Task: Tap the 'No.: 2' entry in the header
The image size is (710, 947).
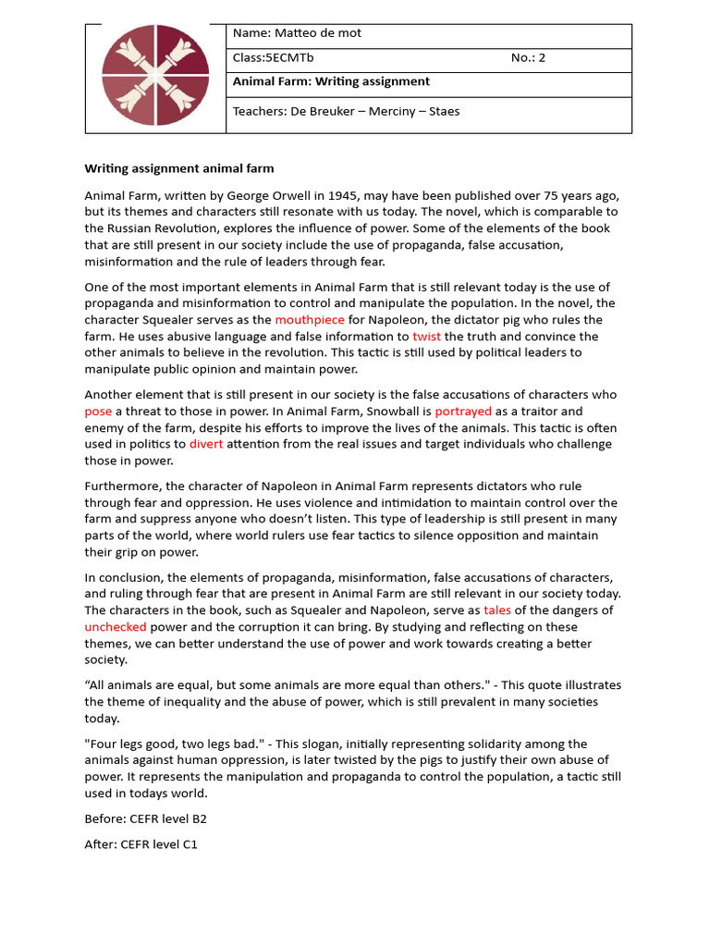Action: (x=528, y=58)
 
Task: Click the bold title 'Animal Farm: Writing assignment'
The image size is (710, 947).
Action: (x=331, y=82)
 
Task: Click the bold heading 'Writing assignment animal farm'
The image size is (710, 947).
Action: (x=179, y=168)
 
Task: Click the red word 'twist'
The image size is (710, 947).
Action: (x=426, y=337)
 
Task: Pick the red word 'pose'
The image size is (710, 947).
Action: (x=98, y=412)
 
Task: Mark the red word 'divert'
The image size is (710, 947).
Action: (x=206, y=444)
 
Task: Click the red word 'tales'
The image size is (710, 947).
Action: (x=497, y=610)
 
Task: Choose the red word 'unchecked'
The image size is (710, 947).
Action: (x=116, y=627)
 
